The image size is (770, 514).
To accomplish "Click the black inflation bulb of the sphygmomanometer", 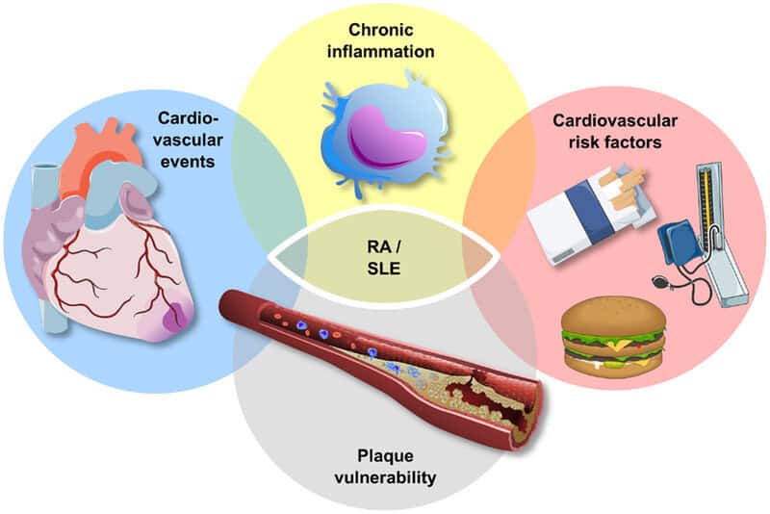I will pyautogui.click(x=661, y=282).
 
